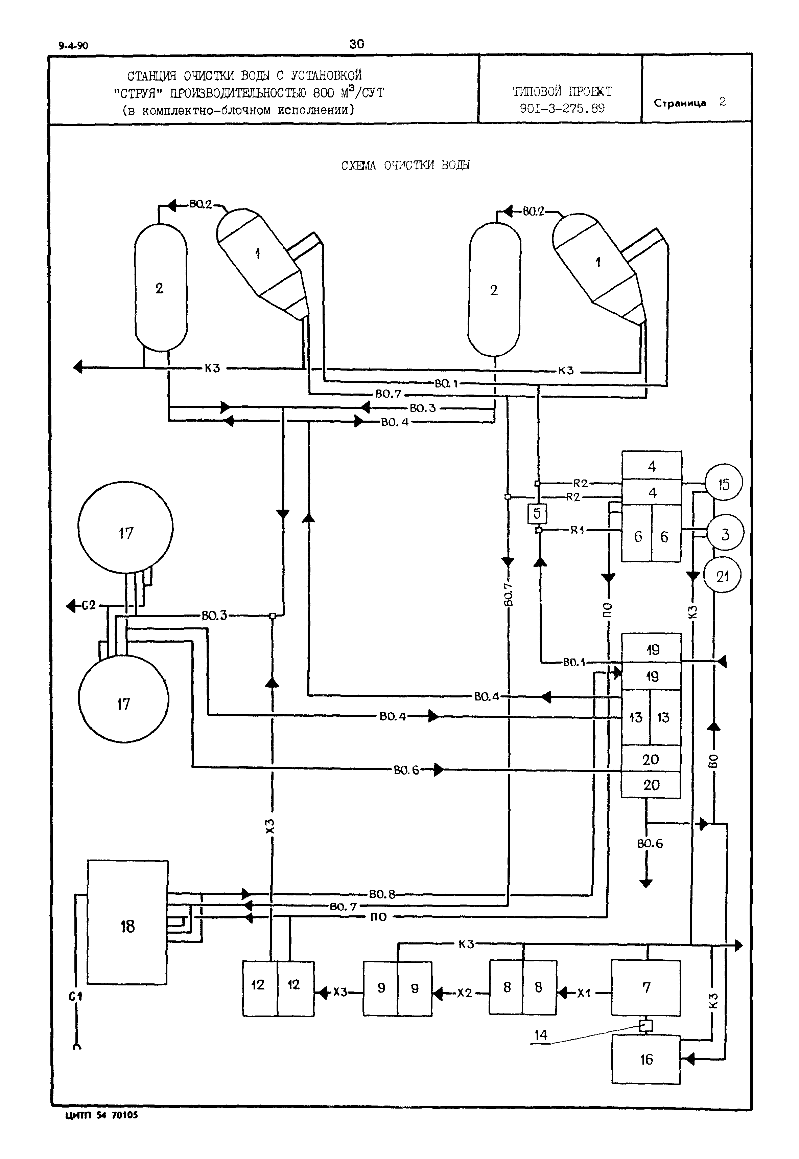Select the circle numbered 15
click(723, 484)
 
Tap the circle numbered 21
click(722, 576)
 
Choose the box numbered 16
click(646, 1060)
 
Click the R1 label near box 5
click(577, 530)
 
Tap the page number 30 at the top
click(357, 44)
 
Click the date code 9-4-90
click(73, 46)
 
